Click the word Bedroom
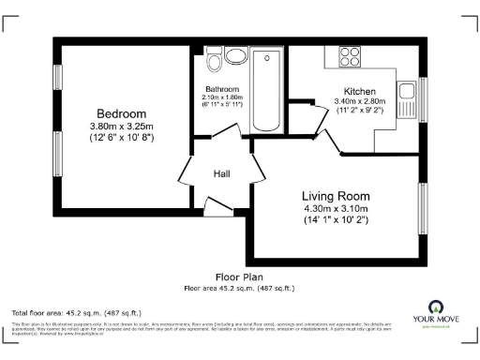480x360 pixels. pyautogui.click(x=119, y=113)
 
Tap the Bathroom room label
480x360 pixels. pyautogui.click(x=221, y=89)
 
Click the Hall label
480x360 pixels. pyautogui.click(x=222, y=173)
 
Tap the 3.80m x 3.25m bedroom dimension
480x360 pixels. pyautogui.click(x=119, y=127)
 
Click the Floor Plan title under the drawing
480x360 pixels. pyautogui.click(x=239, y=277)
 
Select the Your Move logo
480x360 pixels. pyautogui.click(x=437, y=312)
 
